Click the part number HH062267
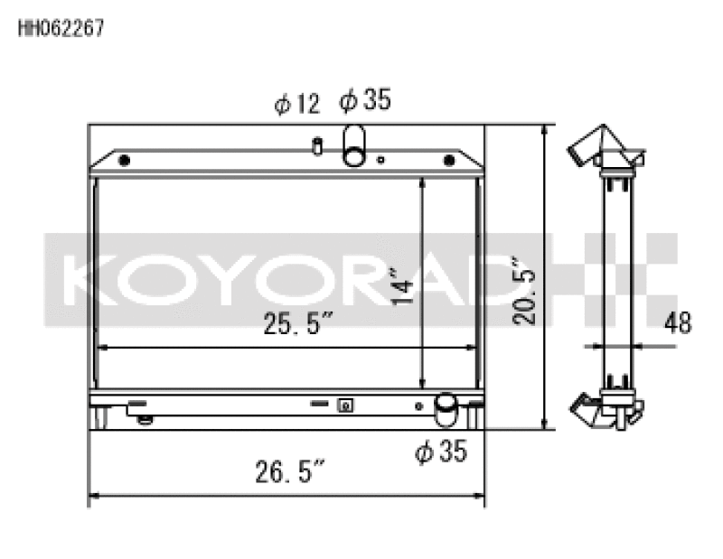[61, 27]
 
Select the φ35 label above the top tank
[365, 101]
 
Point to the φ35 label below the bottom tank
[441, 451]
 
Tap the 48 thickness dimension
[677, 323]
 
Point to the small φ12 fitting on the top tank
[318, 144]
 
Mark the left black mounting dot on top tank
[125, 161]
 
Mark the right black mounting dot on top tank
[448, 161]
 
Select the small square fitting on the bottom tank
[344, 405]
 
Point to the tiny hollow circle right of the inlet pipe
[381, 162]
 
